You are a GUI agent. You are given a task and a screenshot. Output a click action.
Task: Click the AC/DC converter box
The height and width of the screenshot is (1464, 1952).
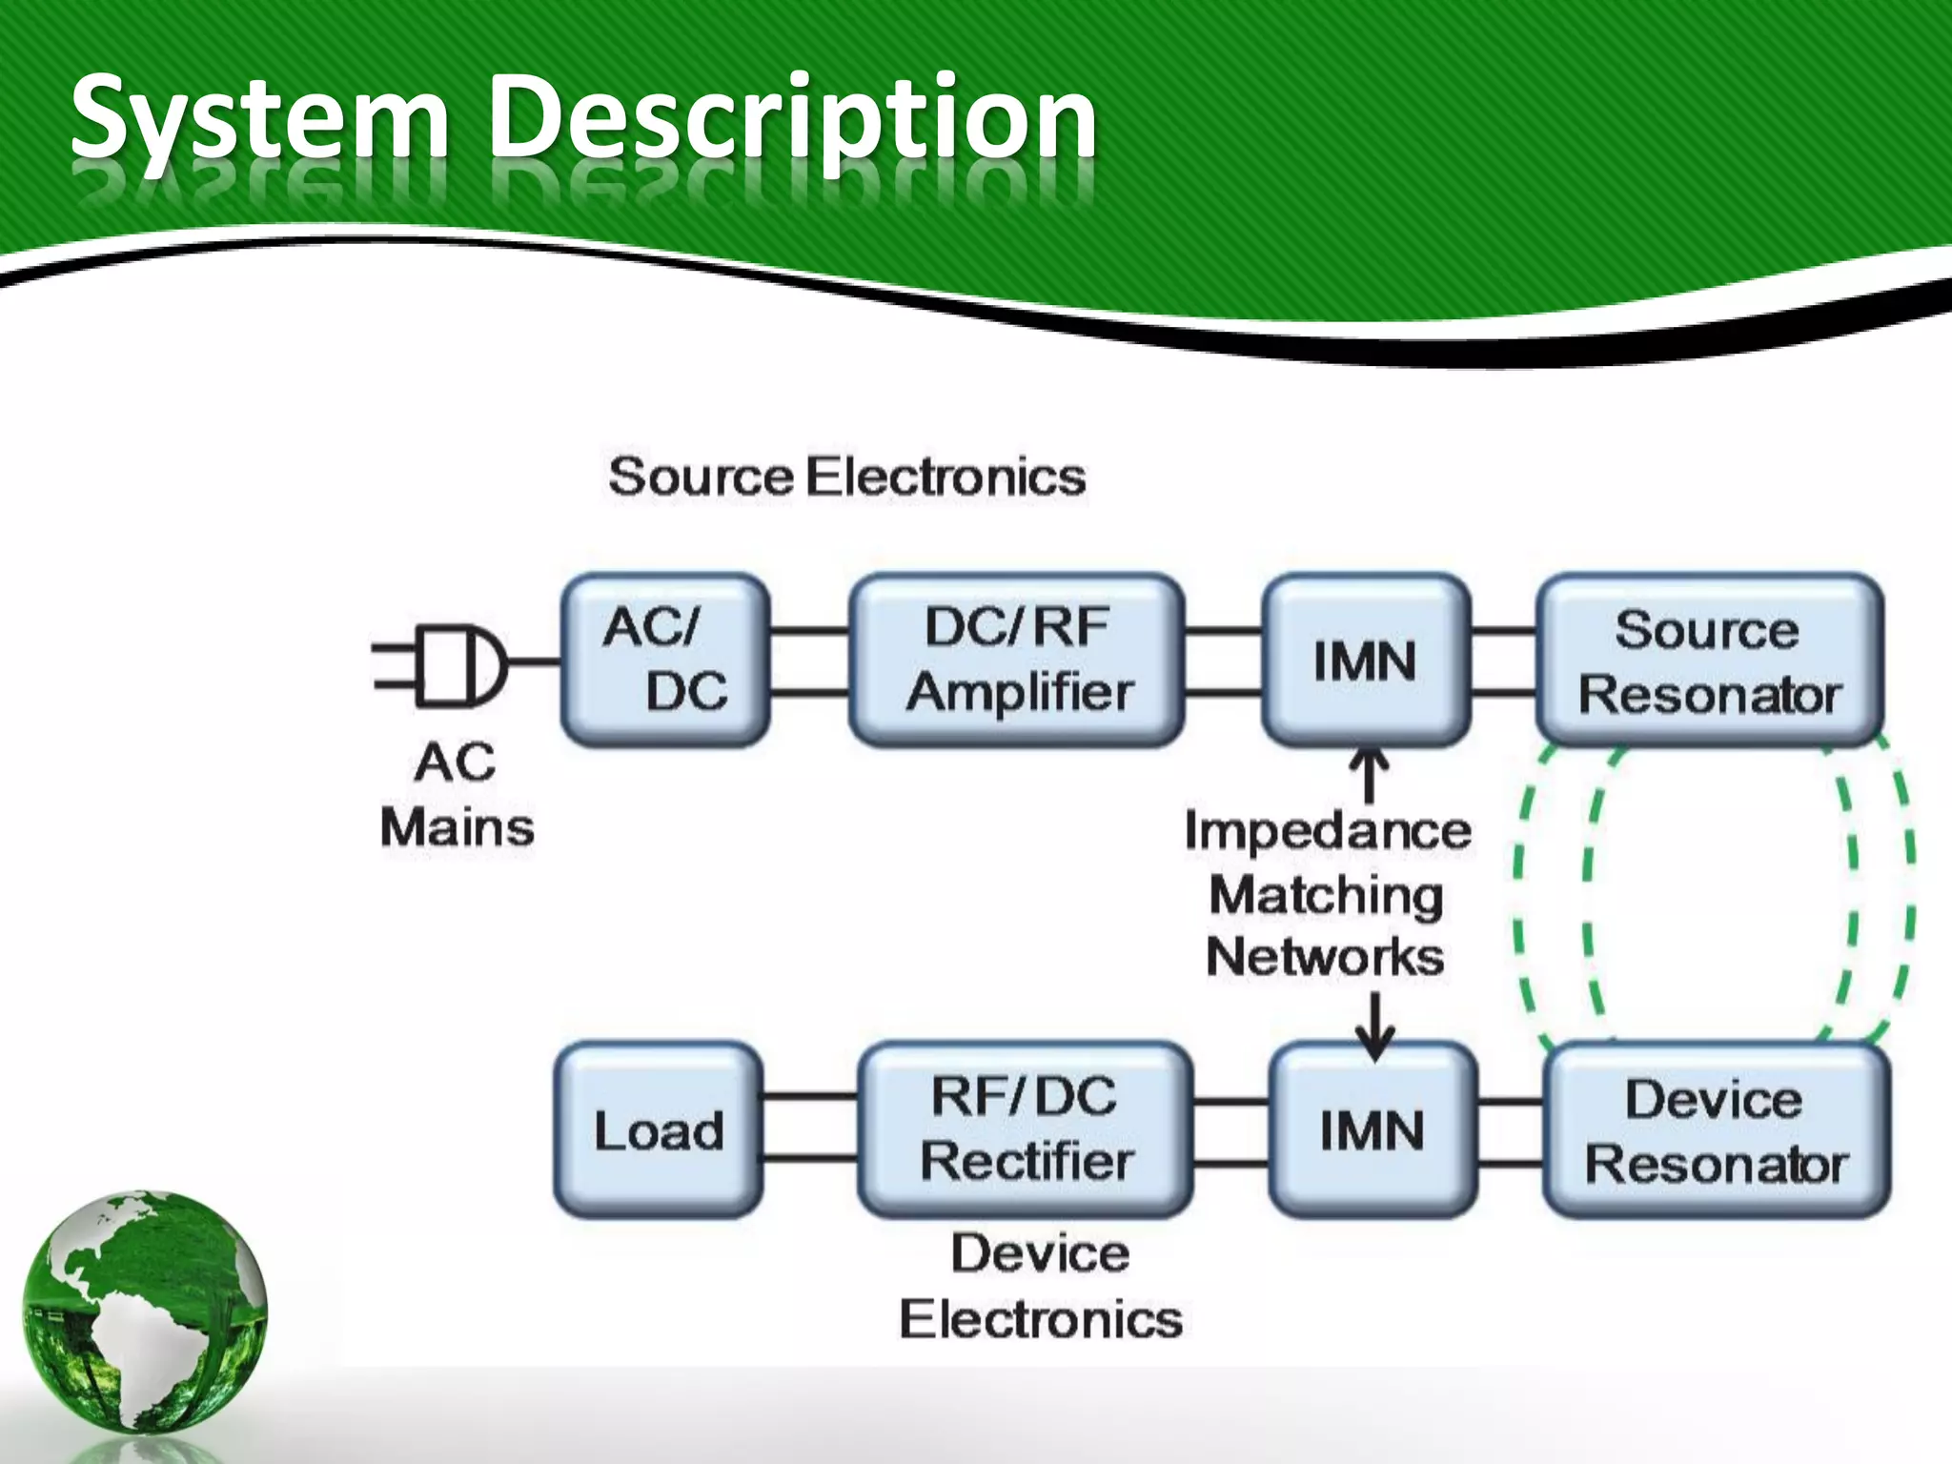coord(664,660)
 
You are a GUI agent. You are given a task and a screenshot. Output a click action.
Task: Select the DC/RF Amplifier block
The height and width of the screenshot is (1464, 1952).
coord(1017,660)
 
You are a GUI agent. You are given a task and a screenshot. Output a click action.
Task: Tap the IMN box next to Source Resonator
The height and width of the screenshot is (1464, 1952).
coord(1365,660)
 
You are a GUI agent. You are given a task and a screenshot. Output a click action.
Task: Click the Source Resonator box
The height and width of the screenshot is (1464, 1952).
coord(1709,660)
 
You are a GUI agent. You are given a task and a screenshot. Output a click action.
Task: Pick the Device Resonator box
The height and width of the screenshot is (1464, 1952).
coord(1716,1130)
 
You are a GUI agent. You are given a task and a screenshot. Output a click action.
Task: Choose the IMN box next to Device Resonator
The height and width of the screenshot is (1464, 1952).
coord(1372,1130)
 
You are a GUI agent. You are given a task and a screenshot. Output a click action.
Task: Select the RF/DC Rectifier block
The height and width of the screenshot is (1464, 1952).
coord(1026,1130)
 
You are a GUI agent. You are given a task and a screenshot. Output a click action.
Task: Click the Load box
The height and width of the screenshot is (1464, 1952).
coord(659,1130)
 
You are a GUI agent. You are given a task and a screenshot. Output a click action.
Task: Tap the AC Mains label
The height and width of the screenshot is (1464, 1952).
coord(457,795)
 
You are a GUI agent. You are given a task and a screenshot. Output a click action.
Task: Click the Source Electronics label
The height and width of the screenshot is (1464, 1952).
coord(846,477)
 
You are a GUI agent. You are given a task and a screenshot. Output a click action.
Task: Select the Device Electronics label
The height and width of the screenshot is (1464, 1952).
coord(1041,1287)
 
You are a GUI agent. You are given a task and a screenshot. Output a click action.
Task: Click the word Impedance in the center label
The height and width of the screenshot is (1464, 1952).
coord(1328,831)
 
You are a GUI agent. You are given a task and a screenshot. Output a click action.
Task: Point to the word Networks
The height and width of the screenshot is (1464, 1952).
coord(1325,957)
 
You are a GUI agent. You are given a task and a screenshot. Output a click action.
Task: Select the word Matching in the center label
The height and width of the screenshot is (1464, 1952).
coord(1326,896)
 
